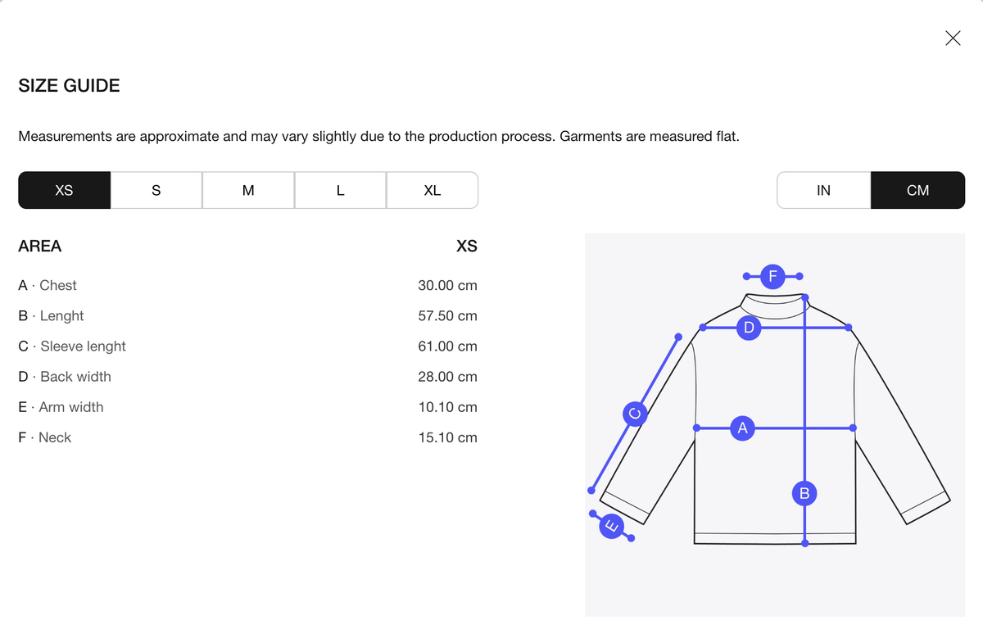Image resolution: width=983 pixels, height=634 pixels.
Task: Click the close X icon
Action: tap(953, 38)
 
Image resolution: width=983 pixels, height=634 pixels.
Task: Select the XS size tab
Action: tap(65, 190)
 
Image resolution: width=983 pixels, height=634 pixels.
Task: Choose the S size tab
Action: tap(156, 190)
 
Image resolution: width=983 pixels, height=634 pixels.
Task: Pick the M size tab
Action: tap(248, 190)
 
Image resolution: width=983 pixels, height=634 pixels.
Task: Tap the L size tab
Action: tap(340, 190)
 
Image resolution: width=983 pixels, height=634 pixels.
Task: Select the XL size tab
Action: tap(433, 190)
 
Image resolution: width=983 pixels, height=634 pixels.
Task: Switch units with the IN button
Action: tap(824, 190)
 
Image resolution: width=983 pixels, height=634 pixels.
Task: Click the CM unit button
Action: tap(918, 190)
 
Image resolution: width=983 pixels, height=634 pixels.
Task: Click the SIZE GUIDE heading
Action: tap(69, 85)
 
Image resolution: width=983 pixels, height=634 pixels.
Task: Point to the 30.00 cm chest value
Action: tap(447, 285)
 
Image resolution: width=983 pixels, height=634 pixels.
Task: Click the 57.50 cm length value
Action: tap(447, 316)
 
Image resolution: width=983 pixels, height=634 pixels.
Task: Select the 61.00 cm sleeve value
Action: tap(447, 346)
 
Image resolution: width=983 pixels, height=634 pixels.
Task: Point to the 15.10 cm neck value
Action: tap(447, 437)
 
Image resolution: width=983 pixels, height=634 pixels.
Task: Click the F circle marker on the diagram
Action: tap(772, 276)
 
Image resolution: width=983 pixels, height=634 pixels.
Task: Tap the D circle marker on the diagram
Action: tap(749, 328)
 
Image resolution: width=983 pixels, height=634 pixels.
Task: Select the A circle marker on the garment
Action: tap(742, 428)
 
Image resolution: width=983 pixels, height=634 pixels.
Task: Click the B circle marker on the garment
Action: tap(804, 494)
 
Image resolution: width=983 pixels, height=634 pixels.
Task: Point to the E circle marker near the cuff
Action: tap(612, 526)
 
